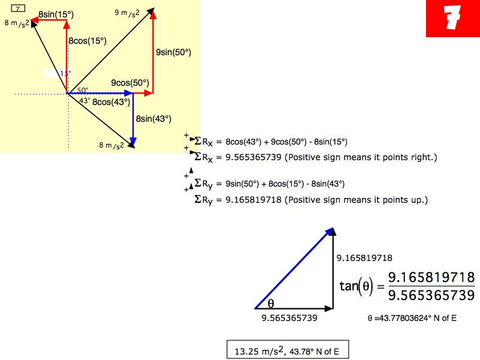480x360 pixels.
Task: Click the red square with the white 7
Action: pyautogui.click(x=453, y=19)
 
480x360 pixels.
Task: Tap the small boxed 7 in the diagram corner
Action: pyautogui.click(x=18, y=8)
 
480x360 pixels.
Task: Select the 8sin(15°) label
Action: pyautogui.click(x=56, y=14)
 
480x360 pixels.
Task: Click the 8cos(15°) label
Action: pyautogui.click(x=88, y=41)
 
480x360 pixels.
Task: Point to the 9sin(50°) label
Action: pyautogui.click(x=173, y=52)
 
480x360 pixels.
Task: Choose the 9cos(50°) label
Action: pyautogui.click(x=130, y=83)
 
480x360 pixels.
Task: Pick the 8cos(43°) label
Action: pyautogui.click(x=112, y=102)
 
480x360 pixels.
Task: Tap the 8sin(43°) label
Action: pyautogui.click(x=154, y=119)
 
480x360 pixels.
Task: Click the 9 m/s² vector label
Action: pyautogui.click(x=127, y=13)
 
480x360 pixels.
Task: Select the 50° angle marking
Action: pyautogui.click(x=83, y=90)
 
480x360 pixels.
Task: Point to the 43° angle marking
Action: pyautogui.click(x=85, y=100)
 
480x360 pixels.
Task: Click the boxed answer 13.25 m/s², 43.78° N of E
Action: pyautogui.click(x=288, y=350)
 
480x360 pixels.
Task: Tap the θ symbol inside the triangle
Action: pyautogui.click(x=271, y=304)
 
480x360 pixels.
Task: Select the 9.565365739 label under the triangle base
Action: pyautogui.click(x=289, y=318)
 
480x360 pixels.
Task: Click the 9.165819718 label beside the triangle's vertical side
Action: pyautogui.click(x=364, y=258)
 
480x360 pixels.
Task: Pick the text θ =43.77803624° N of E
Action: pyautogui.click(x=412, y=319)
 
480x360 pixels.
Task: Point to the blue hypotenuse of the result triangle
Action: pyautogui.click(x=294, y=268)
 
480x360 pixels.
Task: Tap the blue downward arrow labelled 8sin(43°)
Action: pyautogui.click(x=133, y=119)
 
